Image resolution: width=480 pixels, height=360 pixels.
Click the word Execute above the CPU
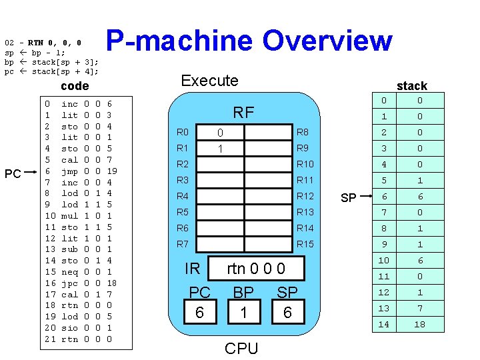click(209, 81)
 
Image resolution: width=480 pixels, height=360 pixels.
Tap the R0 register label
click(183, 133)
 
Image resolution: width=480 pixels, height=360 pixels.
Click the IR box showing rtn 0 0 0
click(256, 269)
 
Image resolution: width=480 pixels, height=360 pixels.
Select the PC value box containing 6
click(199, 312)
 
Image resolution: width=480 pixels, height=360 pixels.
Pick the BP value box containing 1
click(243, 312)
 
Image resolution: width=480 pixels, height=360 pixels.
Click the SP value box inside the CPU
click(287, 312)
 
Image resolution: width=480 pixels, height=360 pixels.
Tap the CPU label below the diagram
click(241, 348)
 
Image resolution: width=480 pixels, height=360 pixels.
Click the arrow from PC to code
click(32, 173)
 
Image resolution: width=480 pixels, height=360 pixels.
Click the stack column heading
click(411, 85)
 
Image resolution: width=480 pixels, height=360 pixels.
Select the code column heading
click(75, 87)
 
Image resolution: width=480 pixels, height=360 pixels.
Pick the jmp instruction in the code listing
click(69, 171)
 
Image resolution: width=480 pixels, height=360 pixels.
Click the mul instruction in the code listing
click(69, 216)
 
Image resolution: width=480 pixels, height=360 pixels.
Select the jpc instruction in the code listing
click(69, 283)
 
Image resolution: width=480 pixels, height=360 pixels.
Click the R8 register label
click(302, 133)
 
